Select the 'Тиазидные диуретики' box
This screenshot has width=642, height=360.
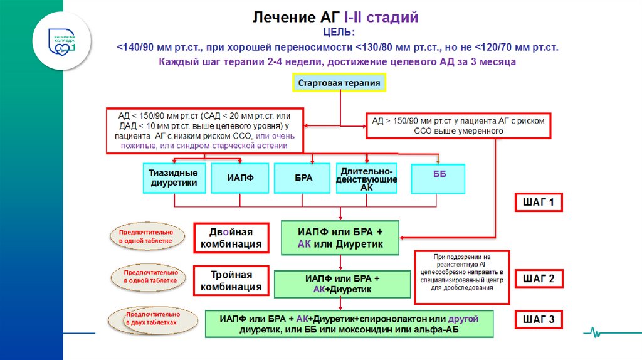(x=174, y=177)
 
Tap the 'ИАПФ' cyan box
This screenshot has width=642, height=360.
(x=240, y=178)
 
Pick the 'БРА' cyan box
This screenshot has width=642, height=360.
(x=303, y=178)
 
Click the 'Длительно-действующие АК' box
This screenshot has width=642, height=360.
(x=367, y=178)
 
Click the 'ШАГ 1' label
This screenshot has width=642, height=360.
(x=539, y=203)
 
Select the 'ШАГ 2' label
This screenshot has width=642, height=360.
(x=539, y=279)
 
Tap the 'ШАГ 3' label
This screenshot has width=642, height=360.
(x=539, y=320)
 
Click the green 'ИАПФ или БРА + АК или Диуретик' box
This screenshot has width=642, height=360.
(x=340, y=238)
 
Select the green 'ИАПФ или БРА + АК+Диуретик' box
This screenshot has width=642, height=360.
(x=342, y=283)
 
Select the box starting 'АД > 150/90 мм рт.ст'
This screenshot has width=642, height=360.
(x=458, y=125)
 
